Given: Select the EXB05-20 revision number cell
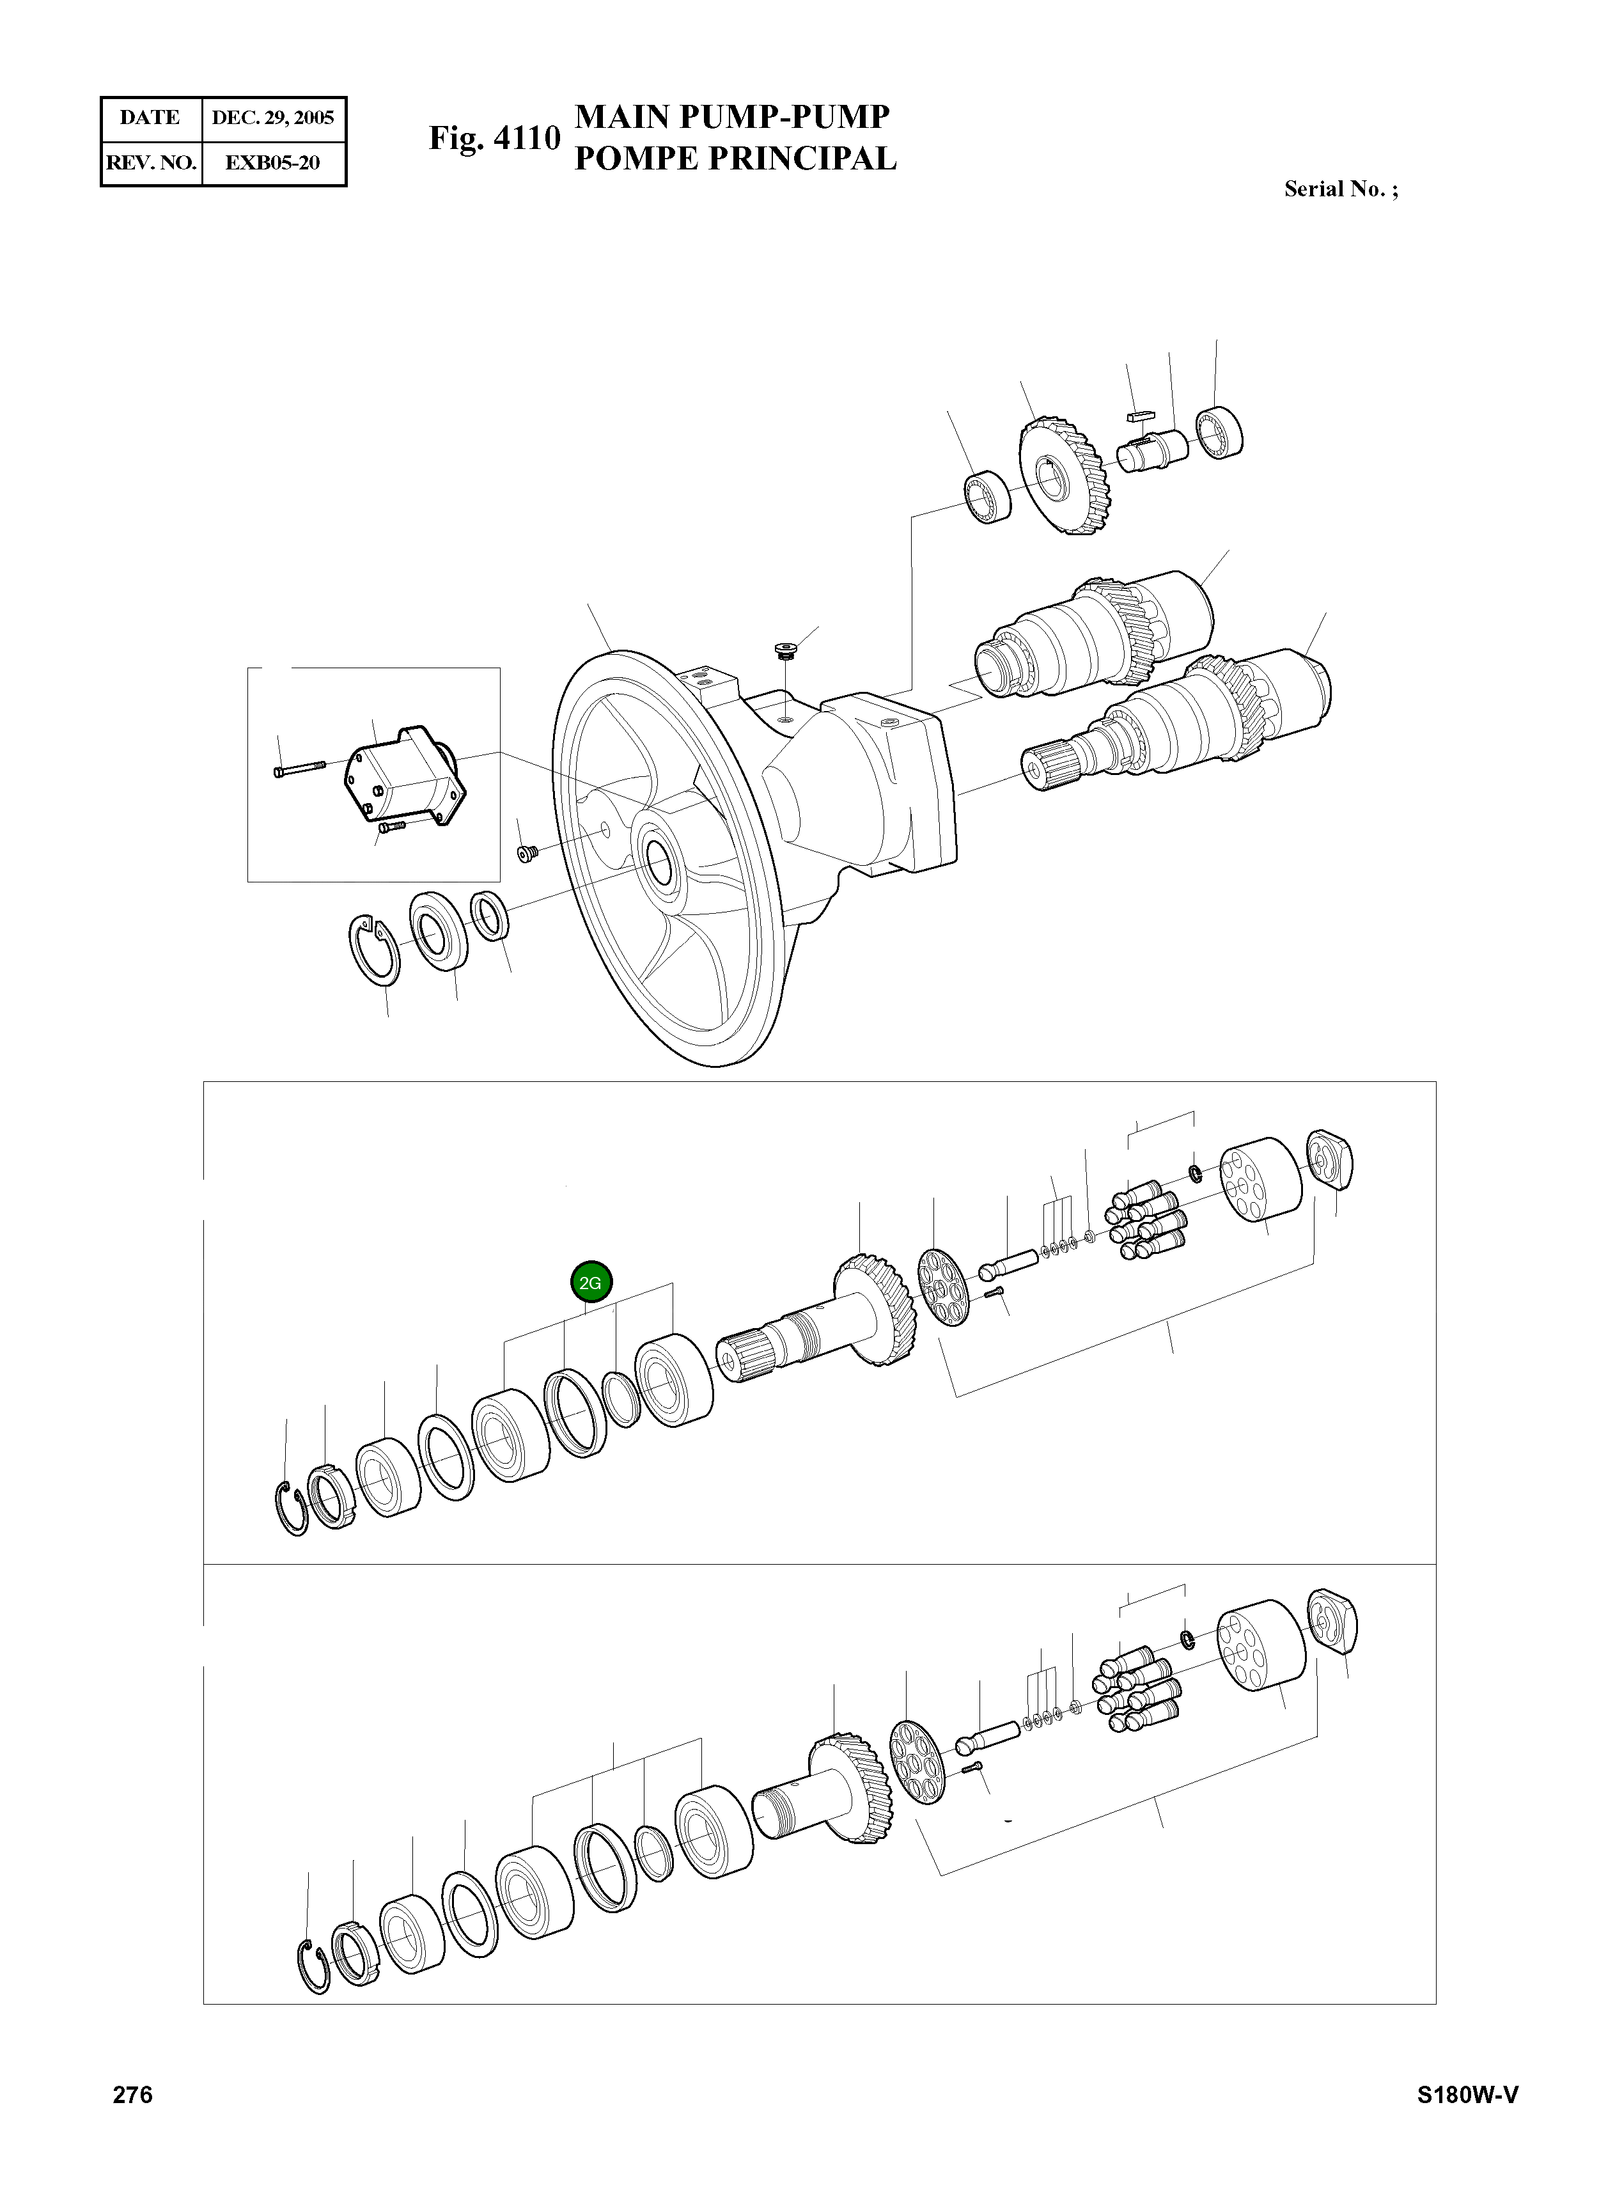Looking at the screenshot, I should point(273,162).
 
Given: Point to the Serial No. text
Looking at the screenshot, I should point(1340,190).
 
